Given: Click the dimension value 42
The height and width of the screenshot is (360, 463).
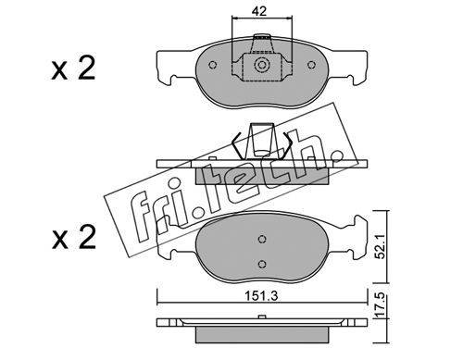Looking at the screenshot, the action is pyautogui.click(x=258, y=11).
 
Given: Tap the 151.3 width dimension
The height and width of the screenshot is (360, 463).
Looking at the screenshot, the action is pyautogui.click(x=261, y=296).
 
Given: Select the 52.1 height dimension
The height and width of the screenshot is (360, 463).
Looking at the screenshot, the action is pyautogui.click(x=381, y=246).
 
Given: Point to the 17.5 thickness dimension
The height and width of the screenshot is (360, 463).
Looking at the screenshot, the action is pyautogui.click(x=381, y=305).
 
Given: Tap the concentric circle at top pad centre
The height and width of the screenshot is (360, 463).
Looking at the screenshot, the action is pyautogui.click(x=262, y=65).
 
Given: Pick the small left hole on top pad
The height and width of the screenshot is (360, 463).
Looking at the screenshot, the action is pyautogui.click(x=212, y=65).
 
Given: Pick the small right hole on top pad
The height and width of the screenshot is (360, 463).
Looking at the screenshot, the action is pyautogui.click(x=311, y=65).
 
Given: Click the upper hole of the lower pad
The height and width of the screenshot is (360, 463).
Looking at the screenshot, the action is pyautogui.click(x=262, y=239).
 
